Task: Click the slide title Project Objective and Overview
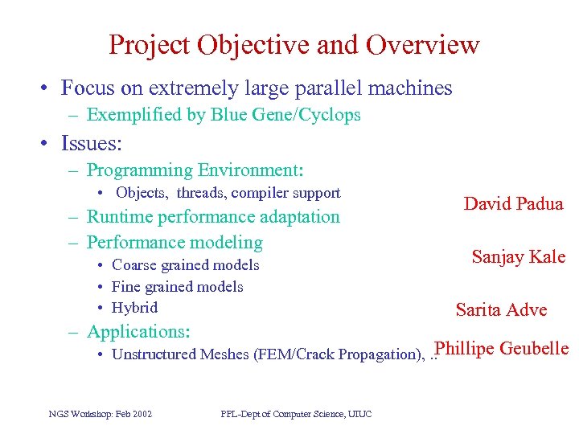click(x=294, y=45)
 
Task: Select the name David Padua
click(x=513, y=203)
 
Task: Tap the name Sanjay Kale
click(x=518, y=257)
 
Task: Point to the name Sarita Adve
click(x=501, y=310)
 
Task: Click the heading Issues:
click(x=92, y=144)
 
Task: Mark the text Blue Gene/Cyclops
click(x=285, y=115)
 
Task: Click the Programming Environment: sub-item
click(x=195, y=170)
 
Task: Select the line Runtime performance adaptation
click(x=212, y=217)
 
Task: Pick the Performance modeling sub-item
click(x=174, y=242)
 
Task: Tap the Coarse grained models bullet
click(x=185, y=265)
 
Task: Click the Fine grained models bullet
click(x=177, y=287)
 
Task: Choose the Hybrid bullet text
click(x=134, y=308)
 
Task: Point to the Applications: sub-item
click(x=138, y=332)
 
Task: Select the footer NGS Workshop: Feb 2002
click(x=101, y=414)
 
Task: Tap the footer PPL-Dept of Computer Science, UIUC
click(x=296, y=414)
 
